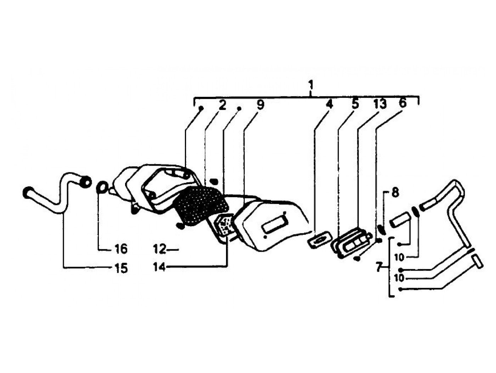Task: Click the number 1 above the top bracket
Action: click(x=311, y=85)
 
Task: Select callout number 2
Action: click(x=222, y=105)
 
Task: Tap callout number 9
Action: click(x=260, y=105)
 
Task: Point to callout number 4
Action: click(x=329, y=105)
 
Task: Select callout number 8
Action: click(x=395, y=193)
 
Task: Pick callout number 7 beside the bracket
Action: click(x=379, y=267)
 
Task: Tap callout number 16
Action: click(x=120, y=249)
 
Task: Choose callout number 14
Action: click(x=159, y=267)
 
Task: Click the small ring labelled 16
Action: click(x=102, y=187)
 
